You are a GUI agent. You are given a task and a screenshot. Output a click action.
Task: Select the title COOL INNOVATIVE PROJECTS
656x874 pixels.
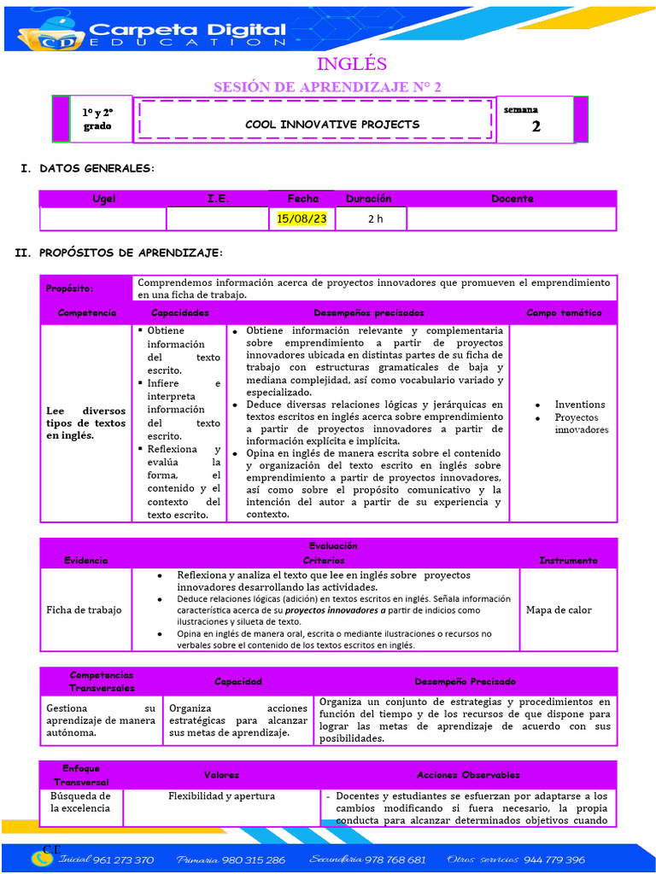[332, 125]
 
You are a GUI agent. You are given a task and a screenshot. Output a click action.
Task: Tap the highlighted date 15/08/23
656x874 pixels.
[302, 219]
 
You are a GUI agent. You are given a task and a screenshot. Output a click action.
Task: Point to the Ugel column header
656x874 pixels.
[104, 199]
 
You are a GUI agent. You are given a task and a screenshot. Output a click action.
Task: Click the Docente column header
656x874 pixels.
[512, 199]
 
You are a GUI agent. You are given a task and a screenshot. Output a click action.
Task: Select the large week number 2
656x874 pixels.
[536, 126]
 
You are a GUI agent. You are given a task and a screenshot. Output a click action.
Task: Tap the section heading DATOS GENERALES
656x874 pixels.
[97, 168]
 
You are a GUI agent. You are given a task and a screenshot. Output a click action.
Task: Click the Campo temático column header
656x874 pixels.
[563, 313]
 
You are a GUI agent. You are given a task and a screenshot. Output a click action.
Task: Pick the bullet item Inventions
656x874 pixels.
[580, 405]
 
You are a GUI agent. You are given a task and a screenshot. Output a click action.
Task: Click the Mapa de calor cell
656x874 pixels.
[559, 610]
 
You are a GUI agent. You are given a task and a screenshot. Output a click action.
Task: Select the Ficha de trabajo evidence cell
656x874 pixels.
[84, 610]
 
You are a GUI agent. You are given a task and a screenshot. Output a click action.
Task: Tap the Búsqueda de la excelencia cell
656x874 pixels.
[80, 802]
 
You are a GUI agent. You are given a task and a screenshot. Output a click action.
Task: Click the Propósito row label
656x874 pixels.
[70, 289]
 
